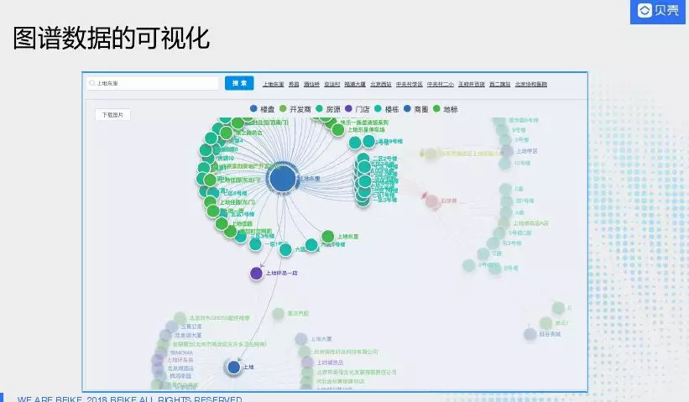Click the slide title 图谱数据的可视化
(111, 38)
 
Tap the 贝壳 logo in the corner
(657, 11)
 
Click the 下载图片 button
(112, 115)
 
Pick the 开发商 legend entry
(295, 109)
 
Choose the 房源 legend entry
(328, 109)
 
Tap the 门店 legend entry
(358, 109)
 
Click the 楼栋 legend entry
(387, 109)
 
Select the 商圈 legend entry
(416, 109)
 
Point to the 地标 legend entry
(446, 109)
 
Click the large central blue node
(283, 179)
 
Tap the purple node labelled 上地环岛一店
(257, 273)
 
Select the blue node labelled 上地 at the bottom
(234, 367)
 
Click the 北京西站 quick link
(381, 85)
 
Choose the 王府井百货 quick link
(471, 85)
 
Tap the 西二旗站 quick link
(500, 85)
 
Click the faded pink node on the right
(431, 201)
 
